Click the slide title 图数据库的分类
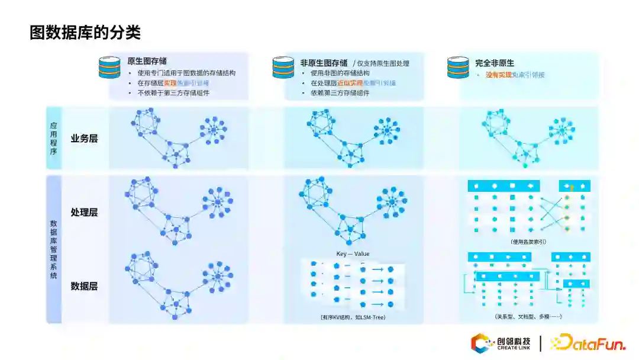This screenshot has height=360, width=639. [85, 32]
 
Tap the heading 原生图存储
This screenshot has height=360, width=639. [147, 61]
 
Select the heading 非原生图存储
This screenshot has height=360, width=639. [324, 62]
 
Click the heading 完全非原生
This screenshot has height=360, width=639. [495, 62]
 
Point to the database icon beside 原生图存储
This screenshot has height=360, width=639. [109, 67]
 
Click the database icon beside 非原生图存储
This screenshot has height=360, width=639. [283, 67]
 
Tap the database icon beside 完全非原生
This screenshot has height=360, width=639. [458, 67]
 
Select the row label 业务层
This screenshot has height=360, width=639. [84, 139]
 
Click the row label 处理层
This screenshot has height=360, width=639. [84, 212]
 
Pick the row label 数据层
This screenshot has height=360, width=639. [84, 286]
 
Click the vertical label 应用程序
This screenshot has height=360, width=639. [53, 138]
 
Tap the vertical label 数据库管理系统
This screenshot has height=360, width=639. [54, 249]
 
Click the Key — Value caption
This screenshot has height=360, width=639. [353, 254]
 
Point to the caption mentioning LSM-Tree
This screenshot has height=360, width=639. [353, 318]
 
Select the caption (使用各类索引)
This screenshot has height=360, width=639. [528, 242]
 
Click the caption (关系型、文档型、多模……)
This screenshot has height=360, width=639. [528, 317]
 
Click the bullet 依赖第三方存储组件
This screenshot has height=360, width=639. [340, 93]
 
